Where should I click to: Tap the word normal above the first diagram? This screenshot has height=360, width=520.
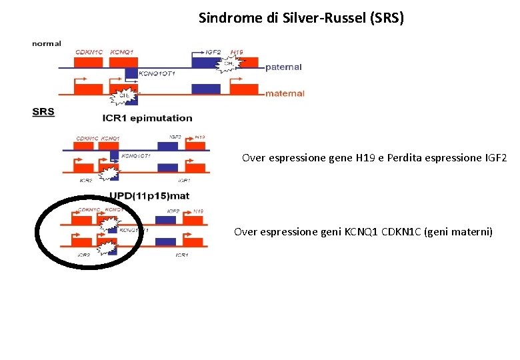47,43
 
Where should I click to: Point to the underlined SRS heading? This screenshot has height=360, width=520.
43,111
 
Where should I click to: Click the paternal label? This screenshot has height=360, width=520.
283,67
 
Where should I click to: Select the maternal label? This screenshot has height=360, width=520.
285,93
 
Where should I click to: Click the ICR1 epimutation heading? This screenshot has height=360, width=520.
147,118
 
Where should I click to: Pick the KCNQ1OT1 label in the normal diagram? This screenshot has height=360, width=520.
157,74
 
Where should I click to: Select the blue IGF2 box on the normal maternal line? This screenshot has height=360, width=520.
205,89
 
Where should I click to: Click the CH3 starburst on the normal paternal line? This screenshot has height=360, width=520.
229,64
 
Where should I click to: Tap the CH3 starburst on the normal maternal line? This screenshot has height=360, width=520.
123,96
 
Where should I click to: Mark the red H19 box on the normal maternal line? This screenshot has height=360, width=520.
243,89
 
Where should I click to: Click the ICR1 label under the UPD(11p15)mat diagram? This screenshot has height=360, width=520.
181,255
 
